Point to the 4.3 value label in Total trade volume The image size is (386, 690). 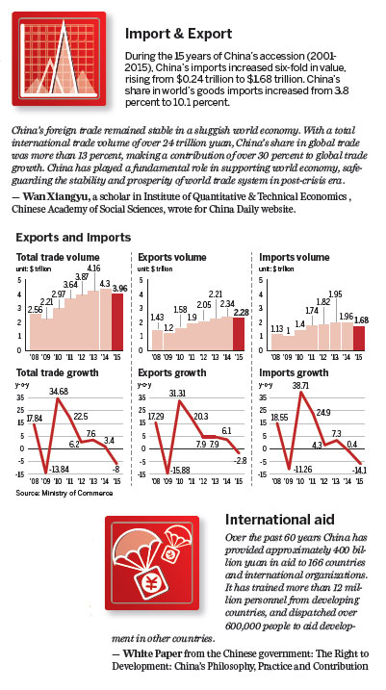(x=105, y=283)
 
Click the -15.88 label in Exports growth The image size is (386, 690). (x=176, y=469)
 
